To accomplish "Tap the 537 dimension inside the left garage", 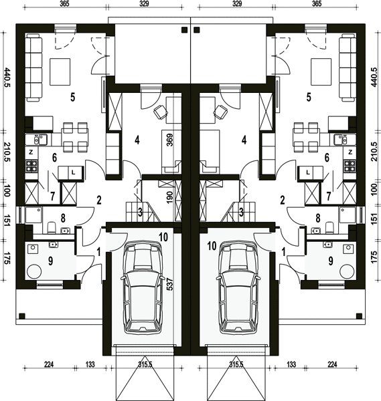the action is (x=170, y=285).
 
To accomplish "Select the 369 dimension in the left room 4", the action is (x=170, y=140).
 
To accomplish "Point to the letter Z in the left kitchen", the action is (x=31, y=152).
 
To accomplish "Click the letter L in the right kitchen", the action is (x=308, y=172).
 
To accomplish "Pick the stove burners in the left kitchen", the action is (x=31, y=166).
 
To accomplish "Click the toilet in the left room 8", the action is (x=52, y=227).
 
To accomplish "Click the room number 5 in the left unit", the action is (x=73, y=98).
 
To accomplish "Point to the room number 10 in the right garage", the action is (x=212, y=246).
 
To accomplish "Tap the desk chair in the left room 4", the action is (x=161, y=112).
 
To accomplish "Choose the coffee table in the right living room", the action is (x=321, y=72).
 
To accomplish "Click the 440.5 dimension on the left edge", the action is (x=7, y=78).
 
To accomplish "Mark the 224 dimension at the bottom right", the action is (x=332, y=364).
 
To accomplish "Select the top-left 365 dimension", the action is (x=64, y=3).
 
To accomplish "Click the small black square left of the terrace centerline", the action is (x=184, y=30).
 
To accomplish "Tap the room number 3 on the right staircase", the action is (x=241, y=213).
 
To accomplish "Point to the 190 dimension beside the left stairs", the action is (x=170, y=197).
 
